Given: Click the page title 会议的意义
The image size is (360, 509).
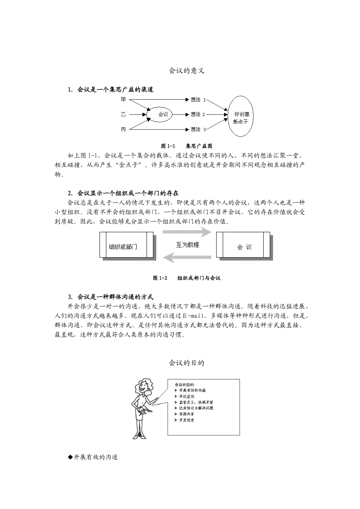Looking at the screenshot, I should coord(186,71).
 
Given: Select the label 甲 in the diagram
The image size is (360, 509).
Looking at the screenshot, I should coord(124,100).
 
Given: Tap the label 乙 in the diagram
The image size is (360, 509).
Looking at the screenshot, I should coord(124,114).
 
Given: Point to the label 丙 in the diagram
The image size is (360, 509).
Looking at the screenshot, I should coord(124,130).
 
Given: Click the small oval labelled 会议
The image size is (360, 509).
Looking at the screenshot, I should coord(163,114).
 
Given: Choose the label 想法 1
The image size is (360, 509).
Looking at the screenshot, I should coord(198,100).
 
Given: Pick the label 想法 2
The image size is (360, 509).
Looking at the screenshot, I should coord(198,114).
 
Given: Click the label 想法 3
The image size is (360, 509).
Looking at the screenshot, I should coord(198,130).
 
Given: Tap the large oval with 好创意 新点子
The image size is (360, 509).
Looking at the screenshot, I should coord(241,116).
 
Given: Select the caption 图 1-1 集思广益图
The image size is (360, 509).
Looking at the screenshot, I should coord(186,146).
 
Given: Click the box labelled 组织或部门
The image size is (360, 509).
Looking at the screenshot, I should coord(127,247).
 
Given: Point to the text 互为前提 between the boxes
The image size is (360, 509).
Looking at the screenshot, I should coord(187,245).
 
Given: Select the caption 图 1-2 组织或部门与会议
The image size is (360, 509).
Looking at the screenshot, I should coord(186,278).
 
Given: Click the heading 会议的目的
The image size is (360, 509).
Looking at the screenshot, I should coord(186,363).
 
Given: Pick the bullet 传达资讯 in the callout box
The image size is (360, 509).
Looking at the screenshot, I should coord(187,396).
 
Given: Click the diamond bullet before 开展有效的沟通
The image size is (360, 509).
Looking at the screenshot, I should coord(70,457).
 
